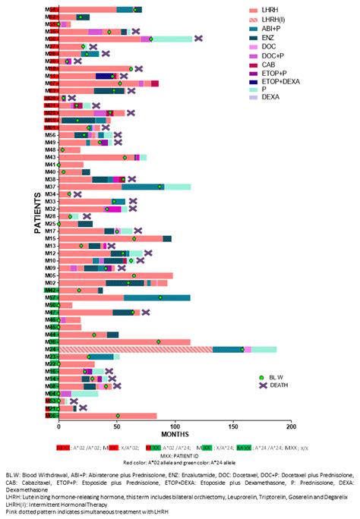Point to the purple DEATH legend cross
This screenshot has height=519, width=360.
[x=261, y=385]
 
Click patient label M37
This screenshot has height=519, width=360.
[x=51, y=187]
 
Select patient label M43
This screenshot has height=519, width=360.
[x=51, y=157]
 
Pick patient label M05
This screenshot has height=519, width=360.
[x=51, y=275]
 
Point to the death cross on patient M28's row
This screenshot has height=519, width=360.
[x=87, y=216]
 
